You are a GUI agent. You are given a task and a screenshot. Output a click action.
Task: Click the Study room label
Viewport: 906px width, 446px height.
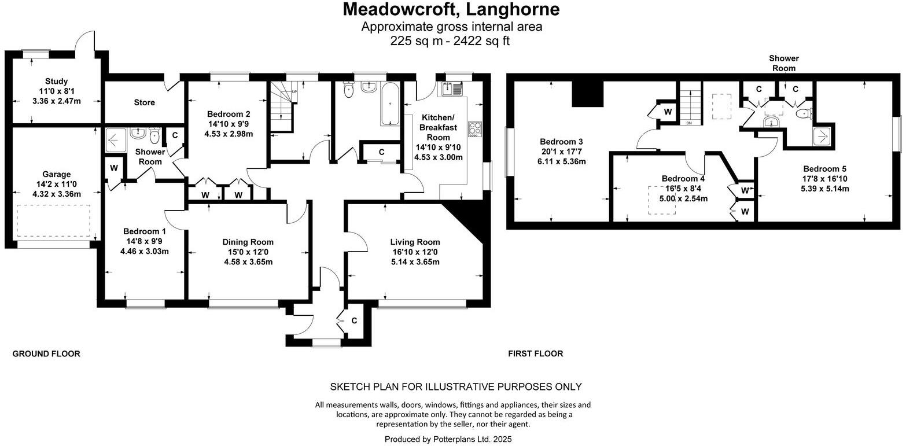[57, 82]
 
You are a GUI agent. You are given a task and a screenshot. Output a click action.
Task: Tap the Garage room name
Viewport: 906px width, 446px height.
[57, 174]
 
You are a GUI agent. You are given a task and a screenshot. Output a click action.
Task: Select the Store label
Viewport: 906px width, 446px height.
[145, 102]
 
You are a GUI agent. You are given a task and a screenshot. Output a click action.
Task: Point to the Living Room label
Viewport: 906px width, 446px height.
[415, 242]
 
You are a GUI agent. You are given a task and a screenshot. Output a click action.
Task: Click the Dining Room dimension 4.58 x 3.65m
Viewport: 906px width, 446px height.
[248, 261]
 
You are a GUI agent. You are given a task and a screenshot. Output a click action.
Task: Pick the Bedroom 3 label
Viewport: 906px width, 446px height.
[561, 142]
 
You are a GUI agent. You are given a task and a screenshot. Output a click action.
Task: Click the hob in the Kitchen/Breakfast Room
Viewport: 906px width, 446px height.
[474, 128]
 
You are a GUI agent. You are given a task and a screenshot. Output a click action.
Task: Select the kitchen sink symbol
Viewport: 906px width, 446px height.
[452, 89]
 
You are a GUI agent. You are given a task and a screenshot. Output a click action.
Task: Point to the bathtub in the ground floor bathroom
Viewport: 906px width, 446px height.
[391, 104]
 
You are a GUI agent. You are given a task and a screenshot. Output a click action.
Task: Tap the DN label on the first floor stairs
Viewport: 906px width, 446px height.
[688, 123]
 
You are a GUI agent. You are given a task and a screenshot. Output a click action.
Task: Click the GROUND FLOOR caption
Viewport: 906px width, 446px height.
[46, 353]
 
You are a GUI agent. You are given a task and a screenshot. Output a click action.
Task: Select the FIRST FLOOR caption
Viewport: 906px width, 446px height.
[535, 353]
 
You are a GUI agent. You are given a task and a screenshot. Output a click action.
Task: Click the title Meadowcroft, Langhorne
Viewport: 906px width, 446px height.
[451, 9]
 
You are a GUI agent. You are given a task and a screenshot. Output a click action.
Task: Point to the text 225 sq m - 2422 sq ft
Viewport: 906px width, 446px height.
[451, 40]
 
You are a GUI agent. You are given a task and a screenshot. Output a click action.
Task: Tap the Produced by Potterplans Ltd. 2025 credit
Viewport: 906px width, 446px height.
[448, 439]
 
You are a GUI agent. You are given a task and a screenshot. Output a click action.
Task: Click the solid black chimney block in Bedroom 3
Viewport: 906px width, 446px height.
[587, 93]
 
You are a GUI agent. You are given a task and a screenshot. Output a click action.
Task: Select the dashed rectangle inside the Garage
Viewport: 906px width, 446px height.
[54, 220]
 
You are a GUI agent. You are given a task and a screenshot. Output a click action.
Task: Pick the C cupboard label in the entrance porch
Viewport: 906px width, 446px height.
[353, 320]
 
